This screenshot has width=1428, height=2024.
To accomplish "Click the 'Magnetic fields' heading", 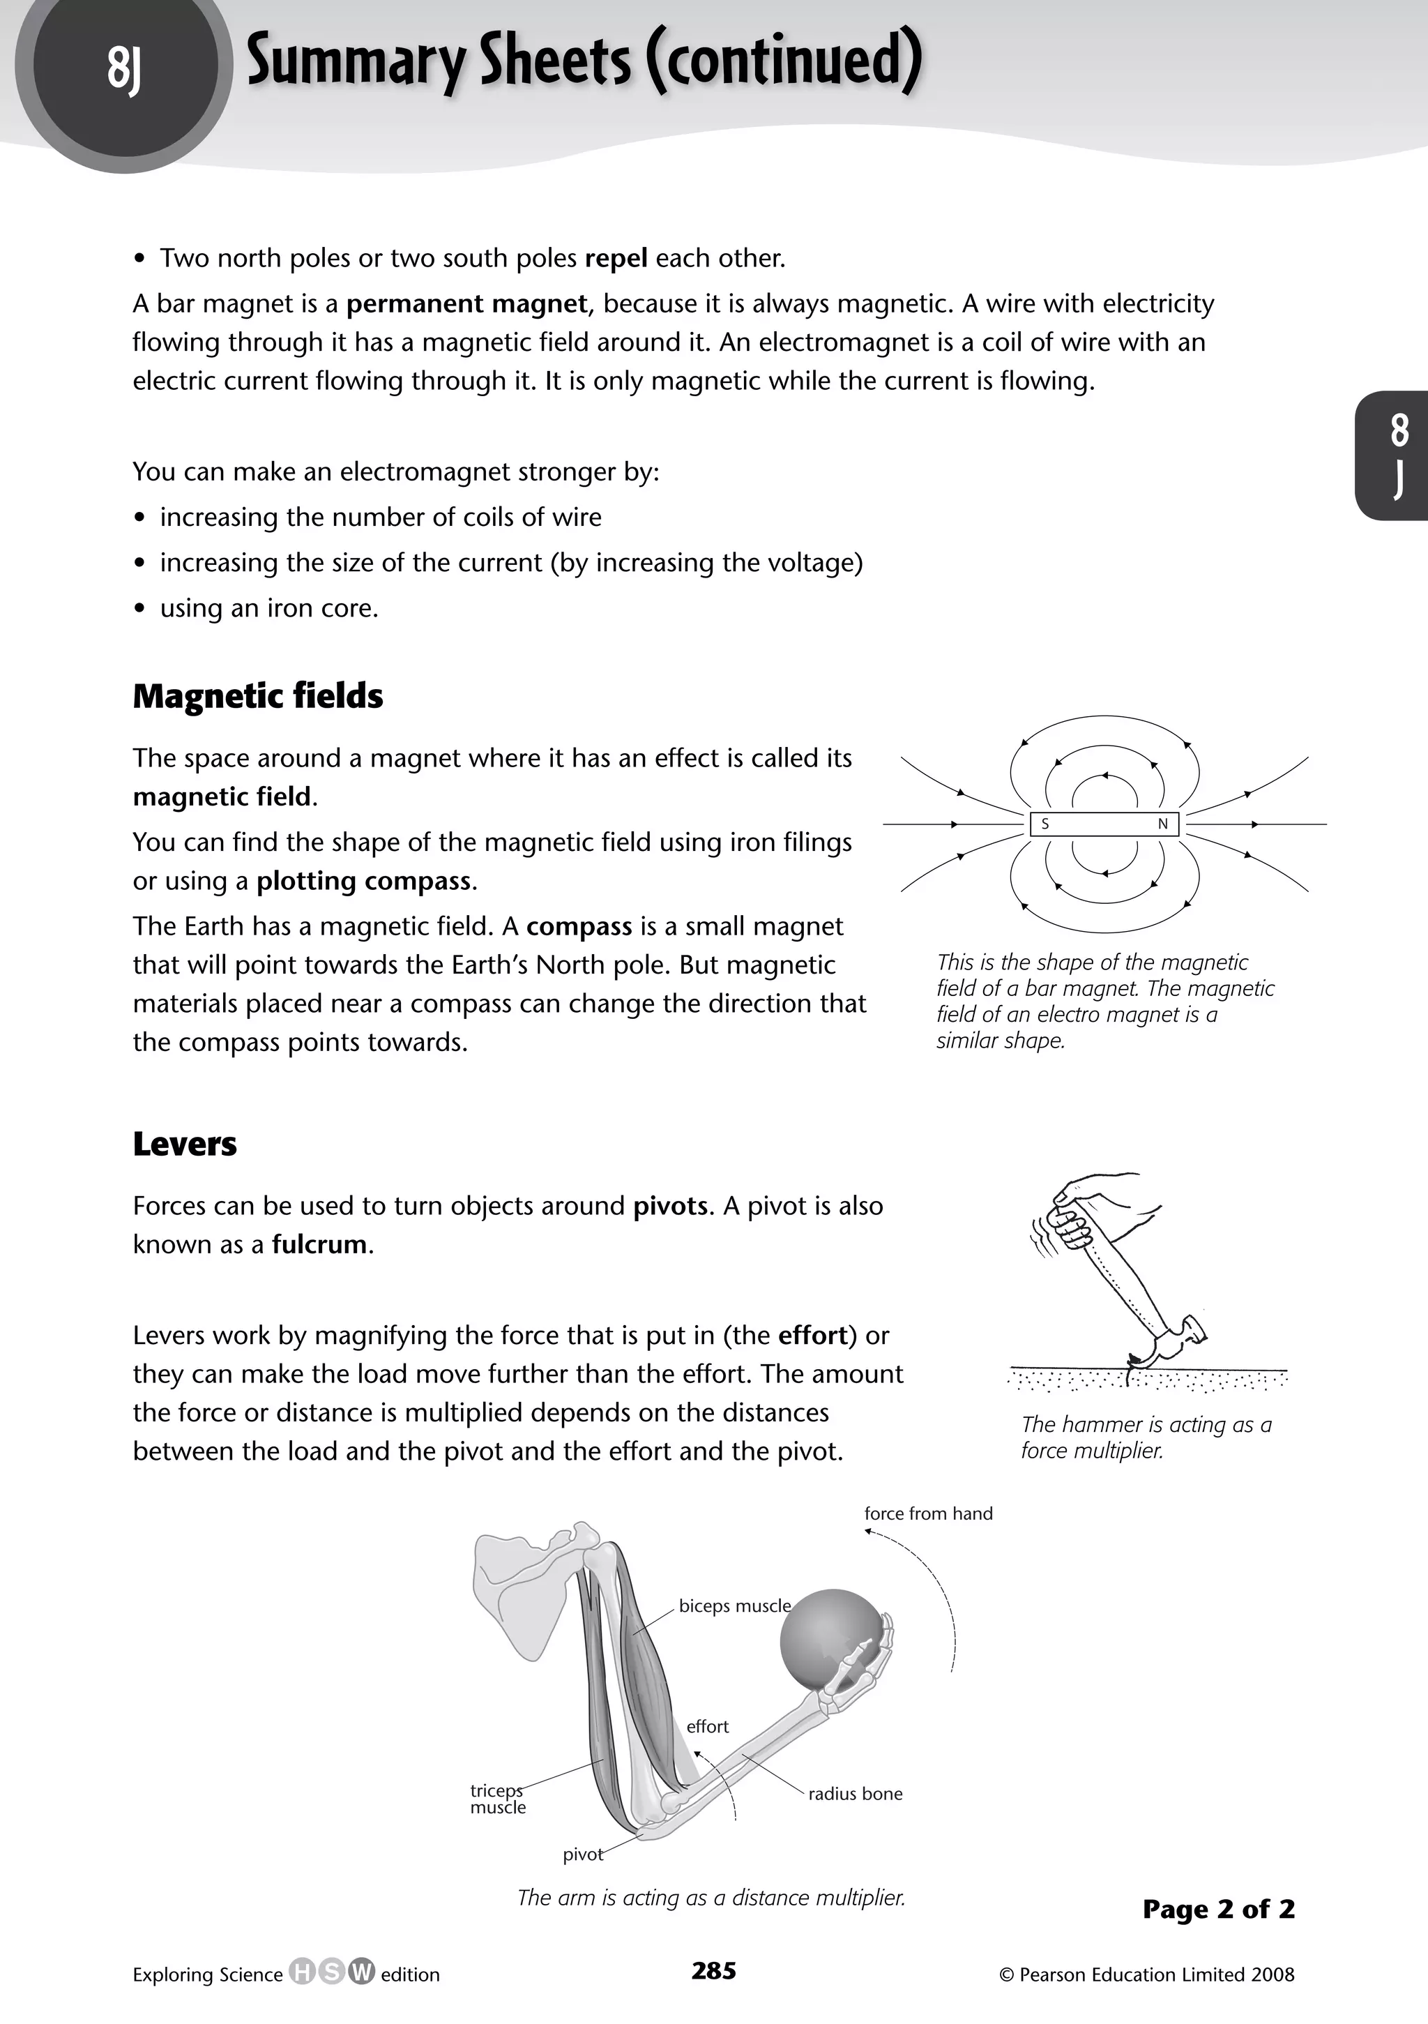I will pos(257,697).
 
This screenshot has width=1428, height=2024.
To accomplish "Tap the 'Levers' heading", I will pos(184,1145).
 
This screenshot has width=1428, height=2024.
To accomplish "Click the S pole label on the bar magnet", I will pos(1045,824).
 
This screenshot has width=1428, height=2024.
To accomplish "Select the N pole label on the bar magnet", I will pos(1162,824).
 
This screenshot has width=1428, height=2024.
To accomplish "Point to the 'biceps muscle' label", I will pos(734,1606).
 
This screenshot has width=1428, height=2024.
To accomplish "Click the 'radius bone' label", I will pos(855,1794).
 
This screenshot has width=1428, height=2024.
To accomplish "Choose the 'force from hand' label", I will pos(928,1513).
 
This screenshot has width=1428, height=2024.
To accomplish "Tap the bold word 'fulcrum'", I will pos(319,1245).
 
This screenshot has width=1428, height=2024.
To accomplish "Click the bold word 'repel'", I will pos(616,258).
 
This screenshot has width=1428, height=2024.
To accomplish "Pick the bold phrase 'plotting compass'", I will pos(364,881).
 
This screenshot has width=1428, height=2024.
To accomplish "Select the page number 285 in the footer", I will pos(714,1971).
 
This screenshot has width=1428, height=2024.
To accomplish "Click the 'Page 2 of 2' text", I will pos(1218,1910).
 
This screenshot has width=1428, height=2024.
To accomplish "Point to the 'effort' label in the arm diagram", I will pos(707,1727).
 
